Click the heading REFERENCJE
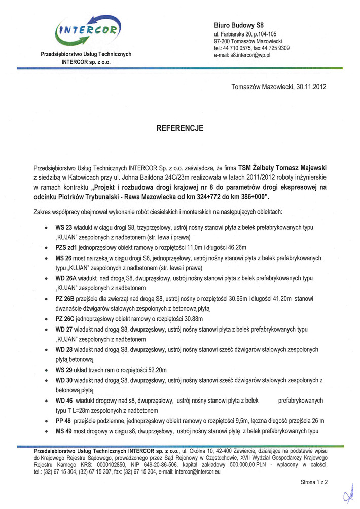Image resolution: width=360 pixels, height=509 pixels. click(x=180, y=129)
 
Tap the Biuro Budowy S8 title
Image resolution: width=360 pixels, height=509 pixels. click(x=239, y=25)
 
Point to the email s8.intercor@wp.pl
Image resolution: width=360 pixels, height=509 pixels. click(x=249, y=55)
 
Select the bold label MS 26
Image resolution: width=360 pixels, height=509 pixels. click(x=64, y=258)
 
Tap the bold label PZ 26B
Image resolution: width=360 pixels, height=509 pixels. click(x=65, y=299)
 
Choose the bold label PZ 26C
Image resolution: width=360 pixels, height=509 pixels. click(x=65, y=319)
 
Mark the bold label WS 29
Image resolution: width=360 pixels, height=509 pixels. click(x=64, y=370)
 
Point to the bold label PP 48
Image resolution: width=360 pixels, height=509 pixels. click(x=63, y=421)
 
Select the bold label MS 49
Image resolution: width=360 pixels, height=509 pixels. click(x=64, y=431)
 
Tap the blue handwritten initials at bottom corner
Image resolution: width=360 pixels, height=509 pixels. click(x=349, y=494)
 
